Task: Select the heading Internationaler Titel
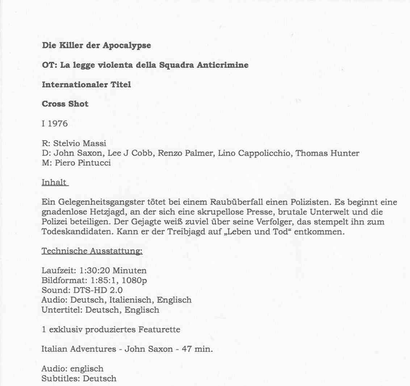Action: pyautogui.click(x=86, y=85)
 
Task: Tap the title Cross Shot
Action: pyautogui.click(x=65, y=104)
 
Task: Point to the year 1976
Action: pyautogui.click(x=58, y=124)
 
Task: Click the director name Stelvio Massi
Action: pyautogui.click(x=80, y=144)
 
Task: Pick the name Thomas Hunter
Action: pyautogui.click(x=327, y=153)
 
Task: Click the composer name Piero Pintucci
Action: pyautogui.click(x=83, y=163)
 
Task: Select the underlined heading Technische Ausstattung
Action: pyautogui.click(x=92, y=251)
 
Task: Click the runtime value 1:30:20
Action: pyautogui.click(x=95, y=271)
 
